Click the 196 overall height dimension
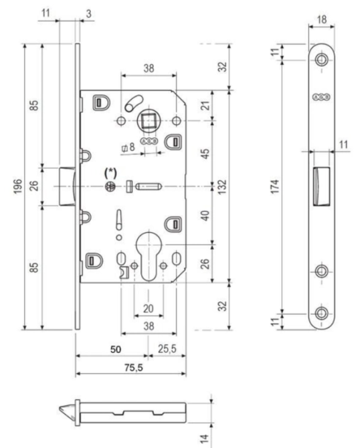(17, 187)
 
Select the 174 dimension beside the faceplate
(275, 187)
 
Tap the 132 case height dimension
(221, 187)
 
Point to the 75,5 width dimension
(133, 368)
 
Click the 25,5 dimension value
(167, 349)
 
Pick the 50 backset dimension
(116, 350)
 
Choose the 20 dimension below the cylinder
(149, 308)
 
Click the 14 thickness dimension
(204, 439)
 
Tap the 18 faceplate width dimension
(322, 19)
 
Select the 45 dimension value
(205, 153)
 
